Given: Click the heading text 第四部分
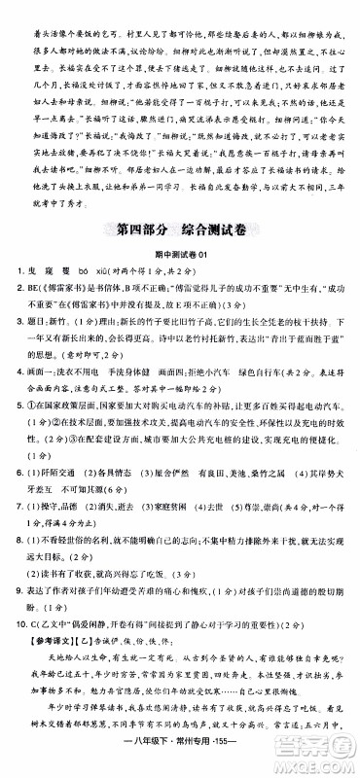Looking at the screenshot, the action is pyautogui.click(x=144, y=230).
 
